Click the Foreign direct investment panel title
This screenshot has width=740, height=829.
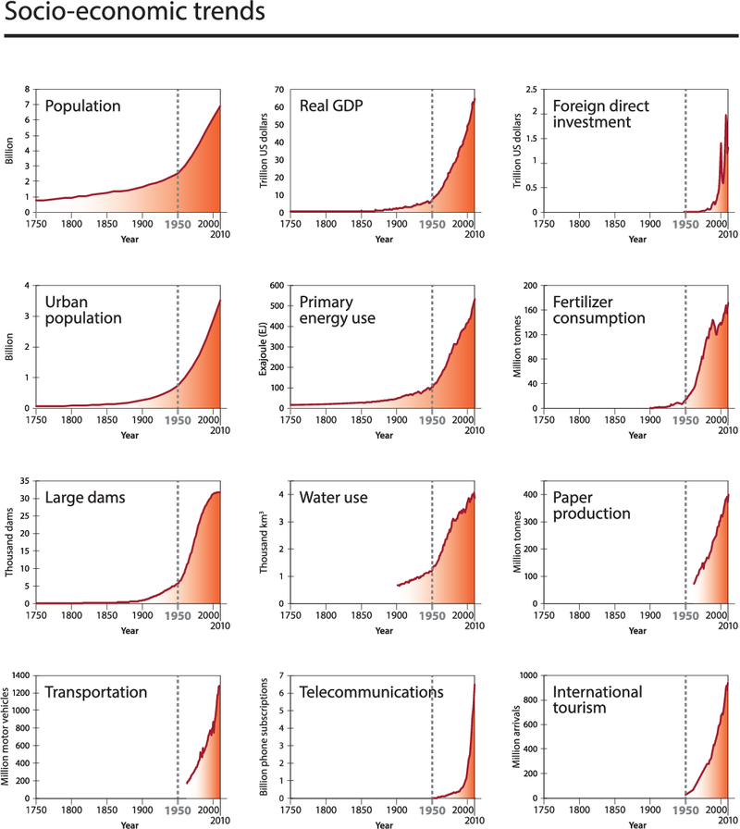pyautogui.click(x=598, y=114)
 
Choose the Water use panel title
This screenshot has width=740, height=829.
pyautogui.click(x=334, y=498)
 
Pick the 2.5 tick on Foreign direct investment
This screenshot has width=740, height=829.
pyautogui.click(x=531, y=90)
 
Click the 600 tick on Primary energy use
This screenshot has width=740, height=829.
pyautogui.click(x=276, y=286)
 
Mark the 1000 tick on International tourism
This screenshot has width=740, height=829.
pyautogui.click(x=527, y=676)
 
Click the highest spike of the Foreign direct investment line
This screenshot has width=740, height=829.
pyautogui.click(x=725, y=116)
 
